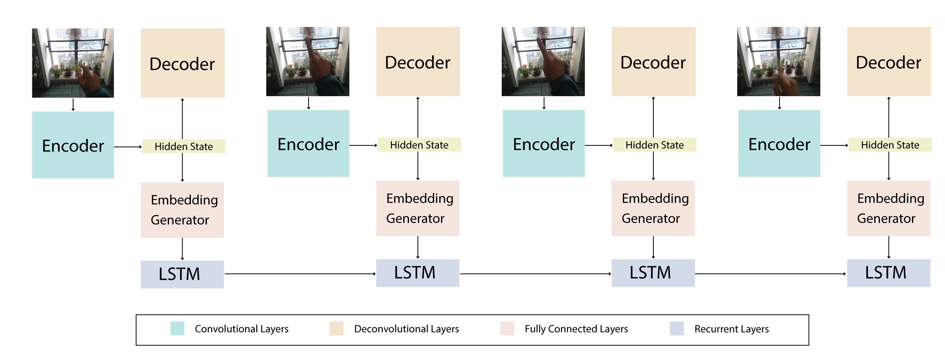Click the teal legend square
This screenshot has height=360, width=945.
[177, 328]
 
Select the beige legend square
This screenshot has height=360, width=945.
[336, 328]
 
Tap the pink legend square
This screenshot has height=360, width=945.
[507, 328]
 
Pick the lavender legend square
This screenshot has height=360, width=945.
[677, 328]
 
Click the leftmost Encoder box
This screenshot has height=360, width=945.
[73, 145]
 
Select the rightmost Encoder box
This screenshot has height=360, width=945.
[779, 143]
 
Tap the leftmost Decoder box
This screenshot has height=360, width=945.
[182, 63]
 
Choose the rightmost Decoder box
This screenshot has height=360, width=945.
[889, 62]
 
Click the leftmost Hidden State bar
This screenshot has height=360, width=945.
[184, 146]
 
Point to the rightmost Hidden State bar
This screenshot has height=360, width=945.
[890, 145]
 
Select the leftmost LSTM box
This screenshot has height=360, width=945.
[182, 275]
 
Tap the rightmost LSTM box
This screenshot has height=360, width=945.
[888, 273]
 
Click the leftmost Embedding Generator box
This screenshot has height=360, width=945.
[182, 210]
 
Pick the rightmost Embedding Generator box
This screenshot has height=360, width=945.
[888, 208]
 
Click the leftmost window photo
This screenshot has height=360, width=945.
[73, 63]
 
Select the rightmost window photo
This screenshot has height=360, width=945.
[778, 62]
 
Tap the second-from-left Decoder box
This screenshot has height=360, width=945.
[418, 62]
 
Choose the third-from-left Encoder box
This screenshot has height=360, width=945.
[544, 143]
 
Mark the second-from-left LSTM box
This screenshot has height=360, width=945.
[417, 273]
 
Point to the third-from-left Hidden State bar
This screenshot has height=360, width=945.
[654, 145]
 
